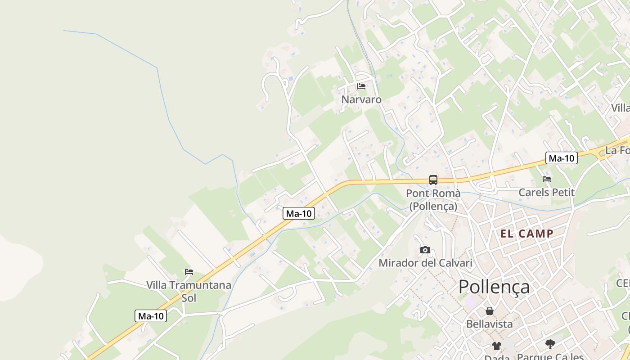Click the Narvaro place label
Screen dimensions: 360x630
(361, 99)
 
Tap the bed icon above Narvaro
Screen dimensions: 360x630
(361, 86)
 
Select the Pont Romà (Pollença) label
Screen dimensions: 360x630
(433, 199)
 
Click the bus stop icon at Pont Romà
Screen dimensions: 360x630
(433, 180)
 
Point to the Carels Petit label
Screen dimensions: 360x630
(547, 193)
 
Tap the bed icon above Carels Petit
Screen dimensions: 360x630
(547, 179)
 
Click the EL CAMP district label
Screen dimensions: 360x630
(527, 234)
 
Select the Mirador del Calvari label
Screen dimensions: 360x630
(425, 263)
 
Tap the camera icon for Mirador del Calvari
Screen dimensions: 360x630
(425, 250)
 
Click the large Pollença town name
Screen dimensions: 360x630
(494, 287)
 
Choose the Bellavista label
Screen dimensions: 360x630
(489, 324)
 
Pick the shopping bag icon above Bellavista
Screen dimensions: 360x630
(489, 311)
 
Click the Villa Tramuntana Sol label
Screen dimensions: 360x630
(189, 291)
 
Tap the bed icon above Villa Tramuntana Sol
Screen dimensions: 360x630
(189, 272)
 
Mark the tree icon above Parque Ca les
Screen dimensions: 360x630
(550, 344)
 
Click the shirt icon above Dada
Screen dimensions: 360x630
(496, 346)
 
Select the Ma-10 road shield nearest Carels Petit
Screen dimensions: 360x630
(562, 158)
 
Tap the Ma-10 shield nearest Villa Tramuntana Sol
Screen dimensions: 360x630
(151, 316)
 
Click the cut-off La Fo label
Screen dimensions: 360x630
(617, 150)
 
